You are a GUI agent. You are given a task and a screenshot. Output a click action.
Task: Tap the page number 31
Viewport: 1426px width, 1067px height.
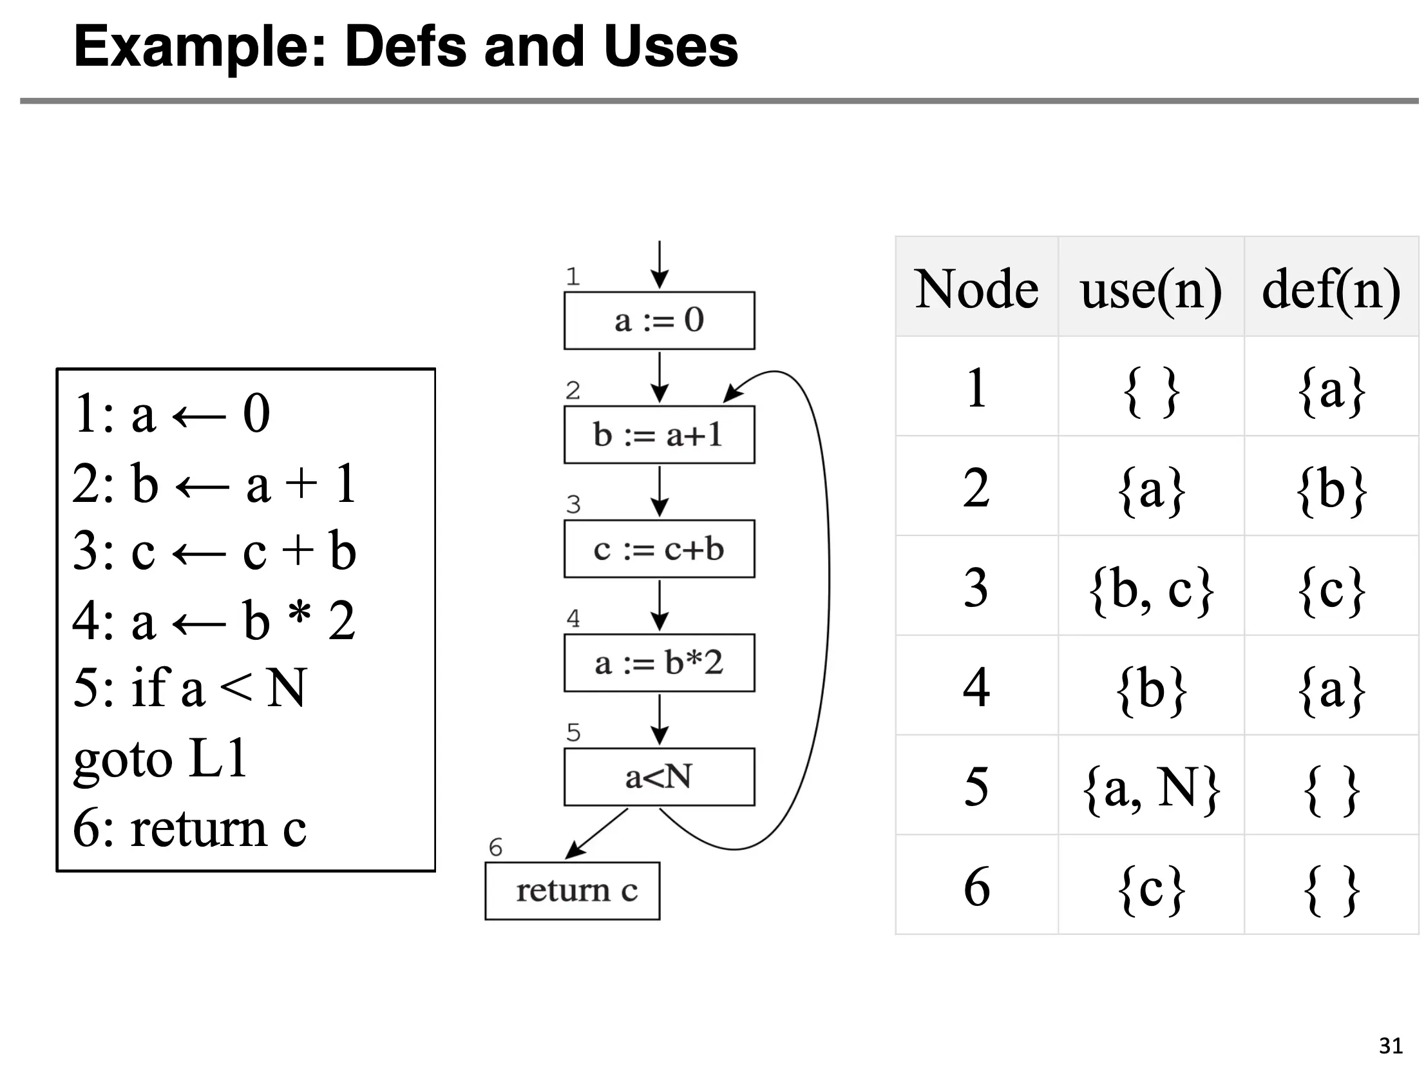pyautogui.click(x=1391, y=1045)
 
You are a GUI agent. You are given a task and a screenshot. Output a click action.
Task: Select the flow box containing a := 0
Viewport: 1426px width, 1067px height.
pyautogui.click(x=659, y=320)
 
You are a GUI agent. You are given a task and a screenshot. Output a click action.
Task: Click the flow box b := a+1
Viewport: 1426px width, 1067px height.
pyautogui.click(x=659, y=434)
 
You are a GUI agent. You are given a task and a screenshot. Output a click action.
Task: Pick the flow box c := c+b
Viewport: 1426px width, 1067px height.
pyautogui.click(x=659, y=549)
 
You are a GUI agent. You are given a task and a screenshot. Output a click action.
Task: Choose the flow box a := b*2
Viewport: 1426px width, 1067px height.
pyautogui.click(x=659, y=663)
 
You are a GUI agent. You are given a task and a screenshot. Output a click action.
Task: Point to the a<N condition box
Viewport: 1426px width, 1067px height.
pyautogui.click(x=659, y=777)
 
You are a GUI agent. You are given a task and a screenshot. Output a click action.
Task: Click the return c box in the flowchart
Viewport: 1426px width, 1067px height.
pyautogui.click(x=573, y=891)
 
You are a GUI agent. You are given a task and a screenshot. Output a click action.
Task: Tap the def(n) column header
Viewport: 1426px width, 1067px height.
pyautogui.click(x=1331, y=289)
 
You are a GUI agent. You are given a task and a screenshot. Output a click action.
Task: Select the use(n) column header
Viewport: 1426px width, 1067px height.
pyautogui.click(x=1151, y=289)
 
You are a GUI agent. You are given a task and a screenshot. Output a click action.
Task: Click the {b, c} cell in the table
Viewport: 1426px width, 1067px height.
pyautogui.click(x=1151, y=588)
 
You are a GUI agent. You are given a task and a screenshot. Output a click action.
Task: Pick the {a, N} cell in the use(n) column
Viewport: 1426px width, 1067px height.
pyautogui.click(x=1151, y=787)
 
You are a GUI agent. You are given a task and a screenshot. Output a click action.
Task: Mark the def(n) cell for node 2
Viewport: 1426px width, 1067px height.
pyautogui.click(x=1331, y=488)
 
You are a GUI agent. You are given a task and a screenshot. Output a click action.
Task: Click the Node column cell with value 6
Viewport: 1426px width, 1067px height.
pyautogui.click(x=976, y=887)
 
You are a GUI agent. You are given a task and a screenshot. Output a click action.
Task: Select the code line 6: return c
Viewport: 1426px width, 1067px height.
pyautogui.click(x=189, y=828)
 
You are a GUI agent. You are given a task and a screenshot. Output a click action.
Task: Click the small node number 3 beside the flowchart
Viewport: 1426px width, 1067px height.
pyautogui.click(x=573, y=504)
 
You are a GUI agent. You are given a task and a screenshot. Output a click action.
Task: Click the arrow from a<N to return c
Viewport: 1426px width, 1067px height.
pyautogui.click(x=596, y=834)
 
